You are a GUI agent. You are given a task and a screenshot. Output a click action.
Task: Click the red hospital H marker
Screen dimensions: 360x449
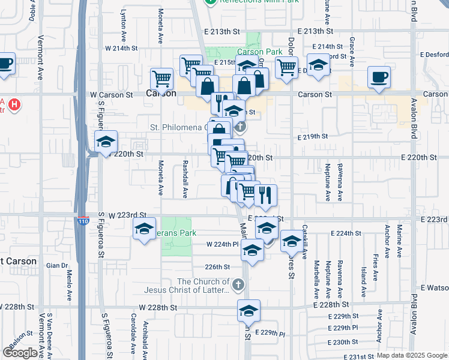14,105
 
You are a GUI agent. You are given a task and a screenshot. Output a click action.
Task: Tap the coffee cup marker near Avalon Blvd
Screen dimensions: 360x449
379,78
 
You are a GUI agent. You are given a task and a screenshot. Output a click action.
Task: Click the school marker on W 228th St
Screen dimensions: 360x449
249,312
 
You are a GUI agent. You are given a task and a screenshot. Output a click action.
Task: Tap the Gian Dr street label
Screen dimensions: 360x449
56,265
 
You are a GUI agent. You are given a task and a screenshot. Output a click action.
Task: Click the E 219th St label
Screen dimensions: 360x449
312,136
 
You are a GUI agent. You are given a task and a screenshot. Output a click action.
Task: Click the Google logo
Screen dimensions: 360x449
19,353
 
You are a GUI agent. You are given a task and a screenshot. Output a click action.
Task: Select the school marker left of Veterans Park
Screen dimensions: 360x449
144,230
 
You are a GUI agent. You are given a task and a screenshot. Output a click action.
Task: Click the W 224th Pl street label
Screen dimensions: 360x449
223,244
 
